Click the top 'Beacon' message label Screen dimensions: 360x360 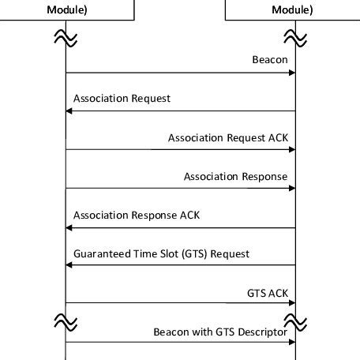[x=270, y=60]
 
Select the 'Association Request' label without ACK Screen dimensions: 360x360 [x=122, y=99]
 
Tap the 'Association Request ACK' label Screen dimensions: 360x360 [x=228, y=137]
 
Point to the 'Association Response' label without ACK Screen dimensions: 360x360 [x=235, y=176]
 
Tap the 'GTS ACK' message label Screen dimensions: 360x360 [x=268, y=292]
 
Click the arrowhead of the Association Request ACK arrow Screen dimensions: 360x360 [x=291, y=150]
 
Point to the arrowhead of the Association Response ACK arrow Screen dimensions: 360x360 [x=69, y=227]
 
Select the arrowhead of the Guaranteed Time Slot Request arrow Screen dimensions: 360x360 [x=69, y=265]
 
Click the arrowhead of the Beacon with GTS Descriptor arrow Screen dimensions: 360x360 [x=291, y=343]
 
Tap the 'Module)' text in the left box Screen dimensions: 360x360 [x=66, y=10]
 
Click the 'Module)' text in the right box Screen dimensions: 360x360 [x=293, y=10]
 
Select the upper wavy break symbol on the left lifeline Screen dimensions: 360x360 [x=66, y=36]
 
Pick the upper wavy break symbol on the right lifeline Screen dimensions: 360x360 [x=295, y=36]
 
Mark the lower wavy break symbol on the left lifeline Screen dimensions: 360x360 [x=66, y=319]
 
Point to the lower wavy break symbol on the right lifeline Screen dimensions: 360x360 [x=295, y=319]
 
